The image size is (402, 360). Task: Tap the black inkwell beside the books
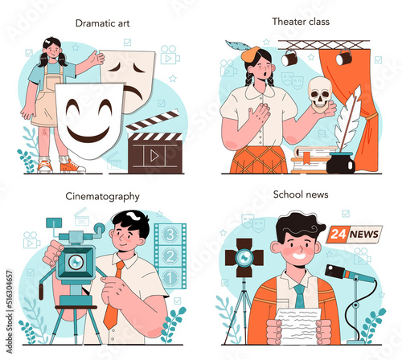(x=341, y=163)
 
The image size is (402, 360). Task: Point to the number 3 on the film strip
(x=170, y=235)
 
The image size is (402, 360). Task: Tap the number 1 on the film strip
(x=170, y=278)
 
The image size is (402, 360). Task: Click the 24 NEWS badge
(x=355, y=234)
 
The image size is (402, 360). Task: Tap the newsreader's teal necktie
(x=299, y=297)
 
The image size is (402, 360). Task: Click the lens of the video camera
(x=76, y=262)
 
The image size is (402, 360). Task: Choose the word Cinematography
(x=102, y=197)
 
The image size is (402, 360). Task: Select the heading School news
(x=301, y=194)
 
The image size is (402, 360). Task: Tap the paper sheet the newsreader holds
(x=299, y=325)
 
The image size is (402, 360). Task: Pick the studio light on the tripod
(x=244, y=258)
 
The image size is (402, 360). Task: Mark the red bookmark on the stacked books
(x=305, y=157)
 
